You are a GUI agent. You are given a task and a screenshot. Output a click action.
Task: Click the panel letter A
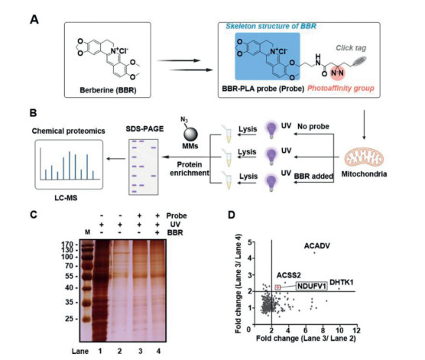(34, 20)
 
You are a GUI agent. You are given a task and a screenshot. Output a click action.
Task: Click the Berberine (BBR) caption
(108, 90)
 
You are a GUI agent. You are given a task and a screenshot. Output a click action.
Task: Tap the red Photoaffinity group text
(341, 88)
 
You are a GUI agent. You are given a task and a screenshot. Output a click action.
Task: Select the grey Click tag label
(351, 48)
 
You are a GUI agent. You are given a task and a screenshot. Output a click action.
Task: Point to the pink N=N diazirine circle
(337, 73)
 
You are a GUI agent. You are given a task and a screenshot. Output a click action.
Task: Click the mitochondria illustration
(364, 158)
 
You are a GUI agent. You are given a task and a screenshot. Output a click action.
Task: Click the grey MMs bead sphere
(190, 135)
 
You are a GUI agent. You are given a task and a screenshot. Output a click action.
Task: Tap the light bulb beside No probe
(271, 129)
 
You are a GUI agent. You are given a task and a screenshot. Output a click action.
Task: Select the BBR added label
(313, 177)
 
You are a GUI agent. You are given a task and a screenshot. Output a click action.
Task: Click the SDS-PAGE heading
(144, 128)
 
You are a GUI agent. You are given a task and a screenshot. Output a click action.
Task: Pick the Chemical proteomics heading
(68, 131)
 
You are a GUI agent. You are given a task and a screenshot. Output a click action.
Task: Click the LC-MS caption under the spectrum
(66, 198)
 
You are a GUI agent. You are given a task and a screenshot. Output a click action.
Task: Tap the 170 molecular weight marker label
(67, 245)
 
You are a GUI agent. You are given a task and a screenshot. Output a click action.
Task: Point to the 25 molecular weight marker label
(69, 319)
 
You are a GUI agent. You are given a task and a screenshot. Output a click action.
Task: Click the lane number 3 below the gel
(140, 352)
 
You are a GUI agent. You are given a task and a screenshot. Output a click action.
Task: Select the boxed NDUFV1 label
(311, 286)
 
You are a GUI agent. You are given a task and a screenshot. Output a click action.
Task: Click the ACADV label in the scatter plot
(317, 246)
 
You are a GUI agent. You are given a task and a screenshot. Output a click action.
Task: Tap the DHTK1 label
(341, 283)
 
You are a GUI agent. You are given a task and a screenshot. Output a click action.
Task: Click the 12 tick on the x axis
(357, 330)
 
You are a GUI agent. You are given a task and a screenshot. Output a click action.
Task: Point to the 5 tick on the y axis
(251, 242)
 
